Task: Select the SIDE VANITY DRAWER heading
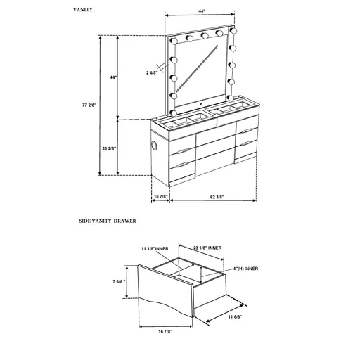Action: tap(108, 220)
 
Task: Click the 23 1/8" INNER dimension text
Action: tap(207, 247)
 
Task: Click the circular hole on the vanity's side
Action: tap(154, 146)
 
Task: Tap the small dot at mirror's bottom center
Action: tap(202, 103)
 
